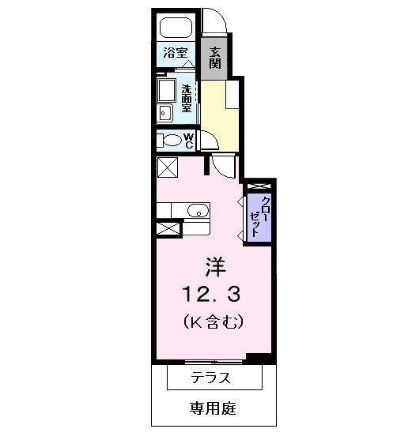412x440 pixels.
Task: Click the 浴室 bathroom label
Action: coord(176,53)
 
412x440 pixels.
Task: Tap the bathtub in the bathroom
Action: coord(176,28)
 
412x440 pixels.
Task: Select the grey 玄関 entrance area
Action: coord(214,58)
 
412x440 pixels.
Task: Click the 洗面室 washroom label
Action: coord(186,98)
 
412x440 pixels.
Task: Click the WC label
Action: coord(189,141)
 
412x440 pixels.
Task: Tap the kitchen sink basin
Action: coord(198,211)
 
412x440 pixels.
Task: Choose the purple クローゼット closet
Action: coord(259,217)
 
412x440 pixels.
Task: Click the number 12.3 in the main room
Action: coord(212,294)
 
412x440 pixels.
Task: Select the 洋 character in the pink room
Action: coord(215,266)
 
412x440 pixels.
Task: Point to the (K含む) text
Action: coord(214,322)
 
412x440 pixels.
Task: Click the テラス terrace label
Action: coord(210,378)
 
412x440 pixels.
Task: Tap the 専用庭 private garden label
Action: coord(213,408)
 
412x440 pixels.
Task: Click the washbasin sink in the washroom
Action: coord(165,113)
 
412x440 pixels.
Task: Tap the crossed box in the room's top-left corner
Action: coord(168,167)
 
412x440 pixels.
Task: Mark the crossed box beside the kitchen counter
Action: coord(168,229)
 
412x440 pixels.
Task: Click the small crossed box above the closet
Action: coord(259,186)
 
